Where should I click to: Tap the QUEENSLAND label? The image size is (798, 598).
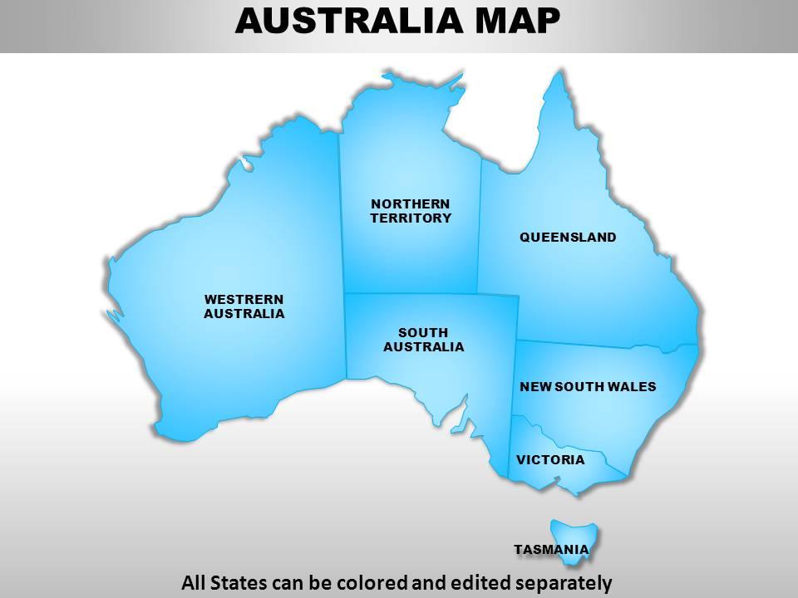[568, 238]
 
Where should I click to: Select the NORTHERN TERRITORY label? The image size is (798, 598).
[411, 211]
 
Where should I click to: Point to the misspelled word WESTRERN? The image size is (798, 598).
[244, 299]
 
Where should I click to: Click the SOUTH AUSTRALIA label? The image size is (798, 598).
[423, 340]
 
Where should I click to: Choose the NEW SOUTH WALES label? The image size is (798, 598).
[588, 386]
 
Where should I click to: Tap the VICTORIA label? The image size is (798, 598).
[550, 459]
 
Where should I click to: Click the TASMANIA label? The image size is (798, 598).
[551, 549]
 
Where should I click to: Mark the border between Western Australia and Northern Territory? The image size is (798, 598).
[340, 216]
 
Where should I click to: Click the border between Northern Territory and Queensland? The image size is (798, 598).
[480, 224]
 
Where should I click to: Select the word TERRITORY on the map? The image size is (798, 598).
[411, 218]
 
